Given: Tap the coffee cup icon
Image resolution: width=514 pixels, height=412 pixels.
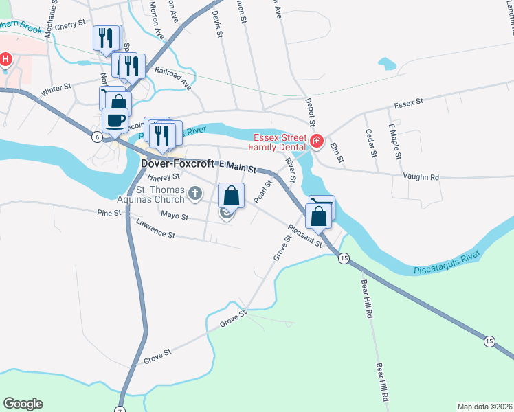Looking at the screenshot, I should pyautogui.click(x=115, y=120).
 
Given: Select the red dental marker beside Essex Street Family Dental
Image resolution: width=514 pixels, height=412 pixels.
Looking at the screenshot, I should pyautogui.click(x=317, y=141).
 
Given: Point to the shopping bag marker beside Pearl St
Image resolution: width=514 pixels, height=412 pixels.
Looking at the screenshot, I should pyautogui.click(x=232, y=195).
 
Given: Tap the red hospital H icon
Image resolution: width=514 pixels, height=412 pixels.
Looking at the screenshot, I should pyautogui.click(x=5, y=59).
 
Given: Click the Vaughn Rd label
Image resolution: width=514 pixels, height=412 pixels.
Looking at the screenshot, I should pyautogui.click(x=425, y=176).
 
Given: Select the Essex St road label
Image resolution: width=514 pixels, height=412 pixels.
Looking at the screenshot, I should pyautogui.click(x=408, y=104).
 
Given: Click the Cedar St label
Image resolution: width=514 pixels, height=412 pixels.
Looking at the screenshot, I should pyautogui.click(x=370, y=142).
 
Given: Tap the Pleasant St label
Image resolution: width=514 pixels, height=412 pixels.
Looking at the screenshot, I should pyautogui.click(x=305, y=236).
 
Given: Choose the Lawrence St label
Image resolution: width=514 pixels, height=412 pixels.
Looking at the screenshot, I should pyautogui.click(x=156, y=229).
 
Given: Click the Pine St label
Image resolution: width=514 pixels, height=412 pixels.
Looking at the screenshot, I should pyautogui.click(x=109, y=213).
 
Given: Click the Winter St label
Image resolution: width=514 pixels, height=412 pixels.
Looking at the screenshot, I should pyautogui.click(x=56, y=89).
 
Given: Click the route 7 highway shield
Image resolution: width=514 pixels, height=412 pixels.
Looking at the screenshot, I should pyautogui.click(x=121, y=409).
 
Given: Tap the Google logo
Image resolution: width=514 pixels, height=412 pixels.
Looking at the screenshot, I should pyautogui.click(x=23, y=404).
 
